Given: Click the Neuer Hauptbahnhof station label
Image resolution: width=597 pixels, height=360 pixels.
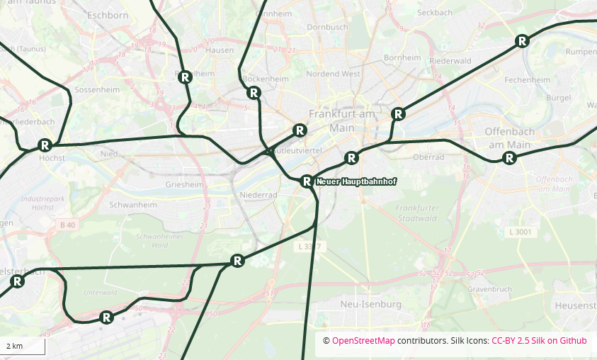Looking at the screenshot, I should [x=356, y=182].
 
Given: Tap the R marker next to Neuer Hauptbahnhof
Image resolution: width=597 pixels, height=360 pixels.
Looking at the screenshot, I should [x=307, y=181].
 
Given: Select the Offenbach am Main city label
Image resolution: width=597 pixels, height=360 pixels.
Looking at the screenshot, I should [x=507, y=138].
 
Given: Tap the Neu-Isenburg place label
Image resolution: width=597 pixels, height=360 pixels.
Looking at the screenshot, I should [x=371, y=304].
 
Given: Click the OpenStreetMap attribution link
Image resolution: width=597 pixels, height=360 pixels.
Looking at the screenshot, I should [x=363, y=341].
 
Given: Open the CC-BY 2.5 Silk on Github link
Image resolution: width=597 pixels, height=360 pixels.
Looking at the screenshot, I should [x=539, y=341].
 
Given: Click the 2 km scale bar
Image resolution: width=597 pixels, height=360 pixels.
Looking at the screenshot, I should [x=23, y=346].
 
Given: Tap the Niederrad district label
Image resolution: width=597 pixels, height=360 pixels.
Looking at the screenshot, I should [x=258, y=194].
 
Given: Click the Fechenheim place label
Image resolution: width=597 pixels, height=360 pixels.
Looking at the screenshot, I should [x=527, y=80].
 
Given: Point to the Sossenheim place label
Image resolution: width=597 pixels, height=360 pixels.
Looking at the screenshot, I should [x=97, y=90].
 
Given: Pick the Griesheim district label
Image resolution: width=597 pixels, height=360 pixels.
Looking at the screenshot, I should [x=184, y=184].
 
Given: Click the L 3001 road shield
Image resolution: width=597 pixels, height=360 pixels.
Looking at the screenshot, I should [x=520, y=232].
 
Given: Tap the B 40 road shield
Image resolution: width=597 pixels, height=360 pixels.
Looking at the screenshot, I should [x=67, y=225].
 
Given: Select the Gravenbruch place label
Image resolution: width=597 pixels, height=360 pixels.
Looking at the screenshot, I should [x=489, y=289].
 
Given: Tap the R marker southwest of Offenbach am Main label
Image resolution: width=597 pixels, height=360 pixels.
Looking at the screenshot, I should [x=508, y=158].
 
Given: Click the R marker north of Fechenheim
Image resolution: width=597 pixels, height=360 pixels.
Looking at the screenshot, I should [x=522, y=41].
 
